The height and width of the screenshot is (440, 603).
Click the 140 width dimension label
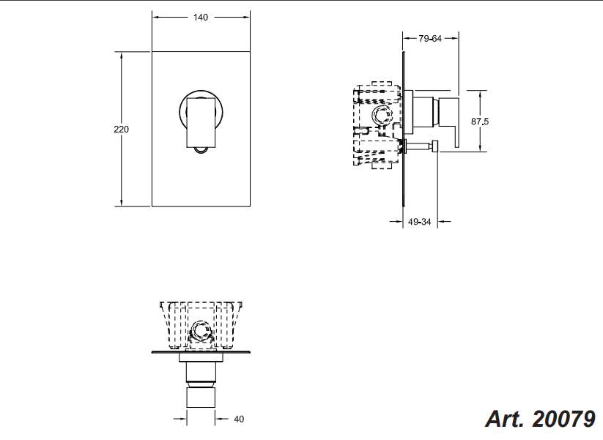coord(200,18)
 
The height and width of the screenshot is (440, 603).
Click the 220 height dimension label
coord(121,130)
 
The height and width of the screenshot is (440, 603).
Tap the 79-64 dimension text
coord(430,38)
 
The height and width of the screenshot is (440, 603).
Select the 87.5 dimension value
coord(480,122)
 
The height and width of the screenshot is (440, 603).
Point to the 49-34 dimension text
coord(420,222)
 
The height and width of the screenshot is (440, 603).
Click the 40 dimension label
coord(239,420)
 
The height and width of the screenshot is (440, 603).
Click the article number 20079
coord(563,419)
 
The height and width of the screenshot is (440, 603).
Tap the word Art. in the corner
coord(505,419)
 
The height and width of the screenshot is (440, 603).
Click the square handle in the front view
coord(201,122)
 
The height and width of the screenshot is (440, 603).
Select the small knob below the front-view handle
coord(201,150)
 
